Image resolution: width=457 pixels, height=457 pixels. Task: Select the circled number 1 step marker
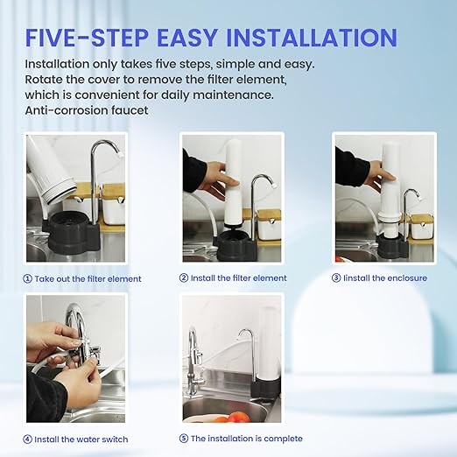29,278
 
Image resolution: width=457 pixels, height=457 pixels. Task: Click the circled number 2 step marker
184,278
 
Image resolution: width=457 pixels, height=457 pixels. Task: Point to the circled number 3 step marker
336,278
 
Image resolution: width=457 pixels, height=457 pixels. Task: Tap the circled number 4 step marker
28,439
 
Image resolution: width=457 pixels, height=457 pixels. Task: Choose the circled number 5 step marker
184,439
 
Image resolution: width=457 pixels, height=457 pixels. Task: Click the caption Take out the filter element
88,278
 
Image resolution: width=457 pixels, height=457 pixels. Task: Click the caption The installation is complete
246,439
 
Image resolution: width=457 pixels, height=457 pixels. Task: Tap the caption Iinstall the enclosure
386,278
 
